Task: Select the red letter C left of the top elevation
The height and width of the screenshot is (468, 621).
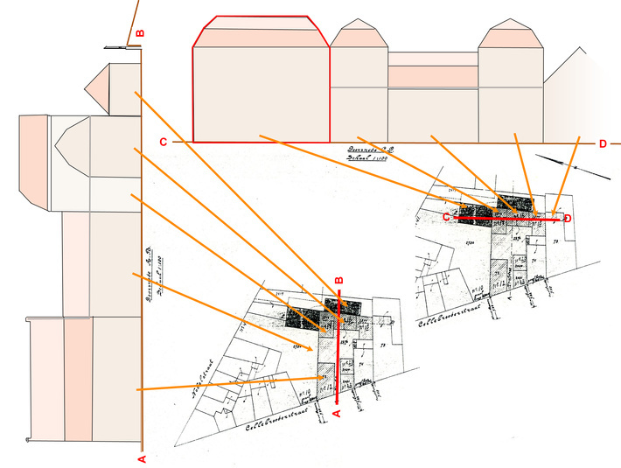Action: (x=163, y=142)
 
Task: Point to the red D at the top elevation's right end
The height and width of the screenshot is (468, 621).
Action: (x=603, y=143)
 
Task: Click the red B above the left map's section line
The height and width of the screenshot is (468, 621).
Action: (x=338, y=281)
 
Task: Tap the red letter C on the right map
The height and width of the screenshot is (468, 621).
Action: (x=446, y=216)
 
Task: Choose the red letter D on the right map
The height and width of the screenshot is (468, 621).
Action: (x=568, y=218)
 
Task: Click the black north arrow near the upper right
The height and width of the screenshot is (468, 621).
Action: (x=574, y=167)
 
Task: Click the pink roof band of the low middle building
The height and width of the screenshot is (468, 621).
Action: (x=433, y=76)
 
